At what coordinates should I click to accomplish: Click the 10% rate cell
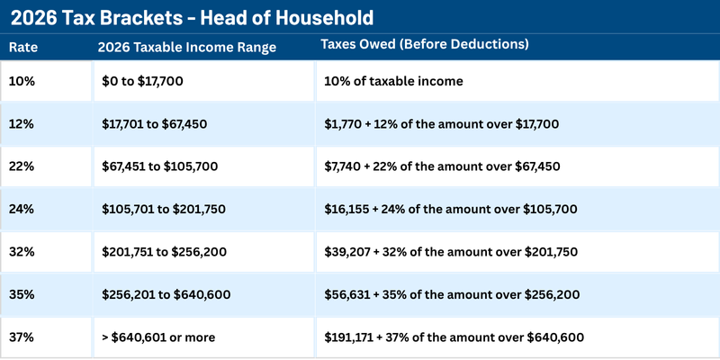pyautogui.click(x=22, y=81)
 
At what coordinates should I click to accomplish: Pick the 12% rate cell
pyautogui.click(x=22, y=123)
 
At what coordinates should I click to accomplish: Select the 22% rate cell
pyautogui.click(x=22, y=166)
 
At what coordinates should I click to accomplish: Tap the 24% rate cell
pyautogui.click(x=22, y=209)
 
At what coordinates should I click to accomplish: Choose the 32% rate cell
pyautogui.click(x=22, y=252)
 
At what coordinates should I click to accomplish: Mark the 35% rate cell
pyautogui.click(x=22, y=294)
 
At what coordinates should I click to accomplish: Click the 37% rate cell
pyautogui.click(x=22, y=337)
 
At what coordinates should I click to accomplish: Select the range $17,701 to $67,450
pyautogui.click(x=155, y=123)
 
